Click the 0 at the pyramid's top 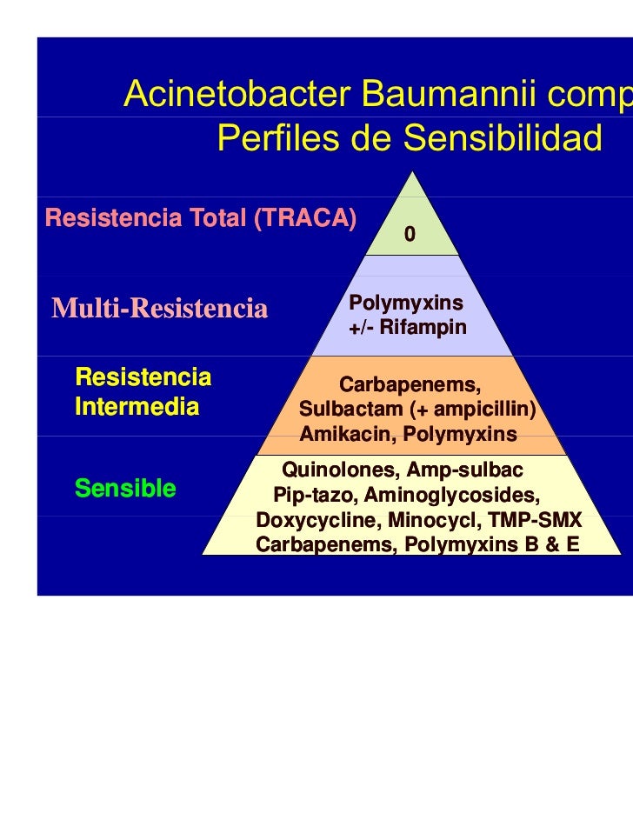click(410, 235)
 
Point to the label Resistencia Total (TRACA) click(201, 218)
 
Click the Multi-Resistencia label click(159, 308)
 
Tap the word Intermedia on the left click(137, 406)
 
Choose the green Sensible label click(125, 489)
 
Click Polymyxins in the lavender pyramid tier click(405, 303)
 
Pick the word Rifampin click(423, 329)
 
